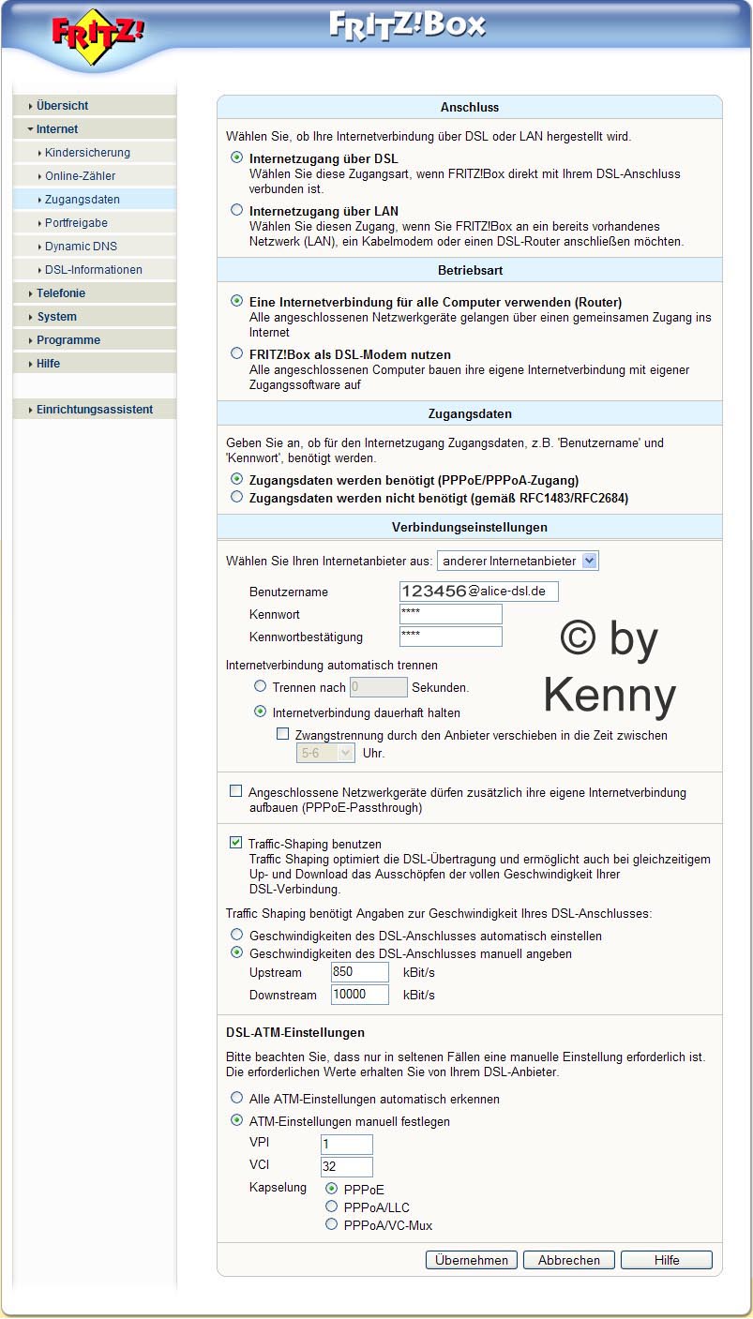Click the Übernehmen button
(472, 1260)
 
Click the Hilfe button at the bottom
(667, 1260)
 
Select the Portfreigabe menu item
(76, 223)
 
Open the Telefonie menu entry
(61, 293)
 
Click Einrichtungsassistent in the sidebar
(94, 410)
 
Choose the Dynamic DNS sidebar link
(81, 247)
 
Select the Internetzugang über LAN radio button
(237, 211)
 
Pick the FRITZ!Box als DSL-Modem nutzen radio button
(237, 354)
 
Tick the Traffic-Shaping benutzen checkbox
(236, 843)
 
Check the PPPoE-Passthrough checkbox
(236, 791)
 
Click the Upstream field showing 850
(359, 972)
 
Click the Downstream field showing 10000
(359, 994)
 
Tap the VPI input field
(346, 1145)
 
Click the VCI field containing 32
(346, 1167)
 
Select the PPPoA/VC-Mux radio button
(331, 1224)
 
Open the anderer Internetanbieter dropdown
(518, 561)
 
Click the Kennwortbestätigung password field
(450, 637)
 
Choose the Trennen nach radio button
(261, 686)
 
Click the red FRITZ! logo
(98, 35)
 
